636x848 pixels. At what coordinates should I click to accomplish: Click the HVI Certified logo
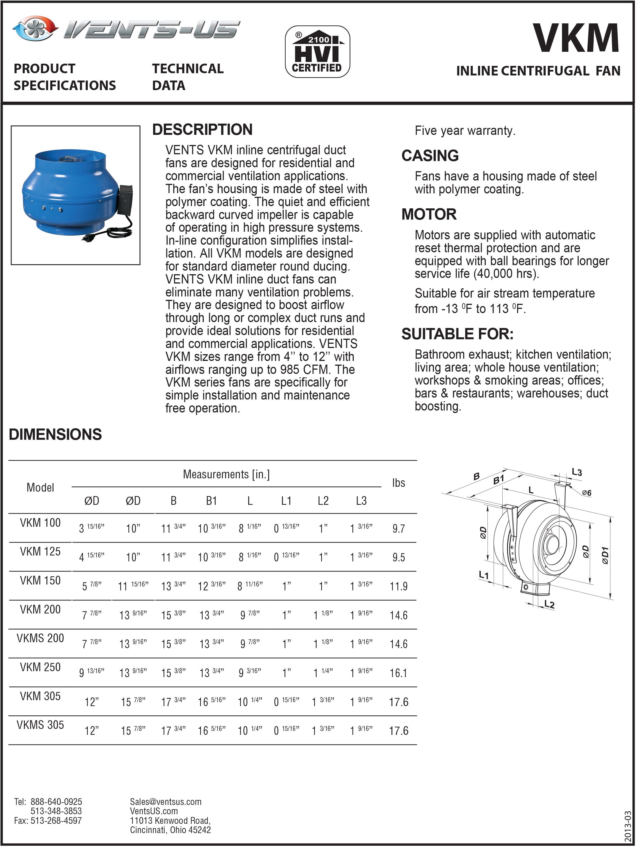(317, 52)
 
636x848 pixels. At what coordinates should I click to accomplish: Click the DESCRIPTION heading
(202, 130)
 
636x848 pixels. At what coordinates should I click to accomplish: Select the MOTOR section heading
(429, 214)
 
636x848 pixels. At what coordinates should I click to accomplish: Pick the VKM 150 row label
(40, 581)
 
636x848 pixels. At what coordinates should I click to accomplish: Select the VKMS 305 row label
(40, 725)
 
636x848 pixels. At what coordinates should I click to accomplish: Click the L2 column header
(323, 501)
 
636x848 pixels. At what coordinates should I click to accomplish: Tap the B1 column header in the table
(212, 501)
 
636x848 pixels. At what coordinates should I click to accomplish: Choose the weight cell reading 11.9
(398, 586)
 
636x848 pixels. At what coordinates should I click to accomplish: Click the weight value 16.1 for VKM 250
(398, 673)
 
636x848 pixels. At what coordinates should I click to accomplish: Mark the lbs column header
(398, 483)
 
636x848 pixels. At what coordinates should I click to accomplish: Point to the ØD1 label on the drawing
(605, 555)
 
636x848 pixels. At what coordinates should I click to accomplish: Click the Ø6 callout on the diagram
(586, 493)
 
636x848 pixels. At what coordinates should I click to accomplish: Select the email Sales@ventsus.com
(165, 802)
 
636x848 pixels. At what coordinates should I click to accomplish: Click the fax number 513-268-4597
(56, 820)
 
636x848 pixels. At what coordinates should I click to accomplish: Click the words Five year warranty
(465, 131)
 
